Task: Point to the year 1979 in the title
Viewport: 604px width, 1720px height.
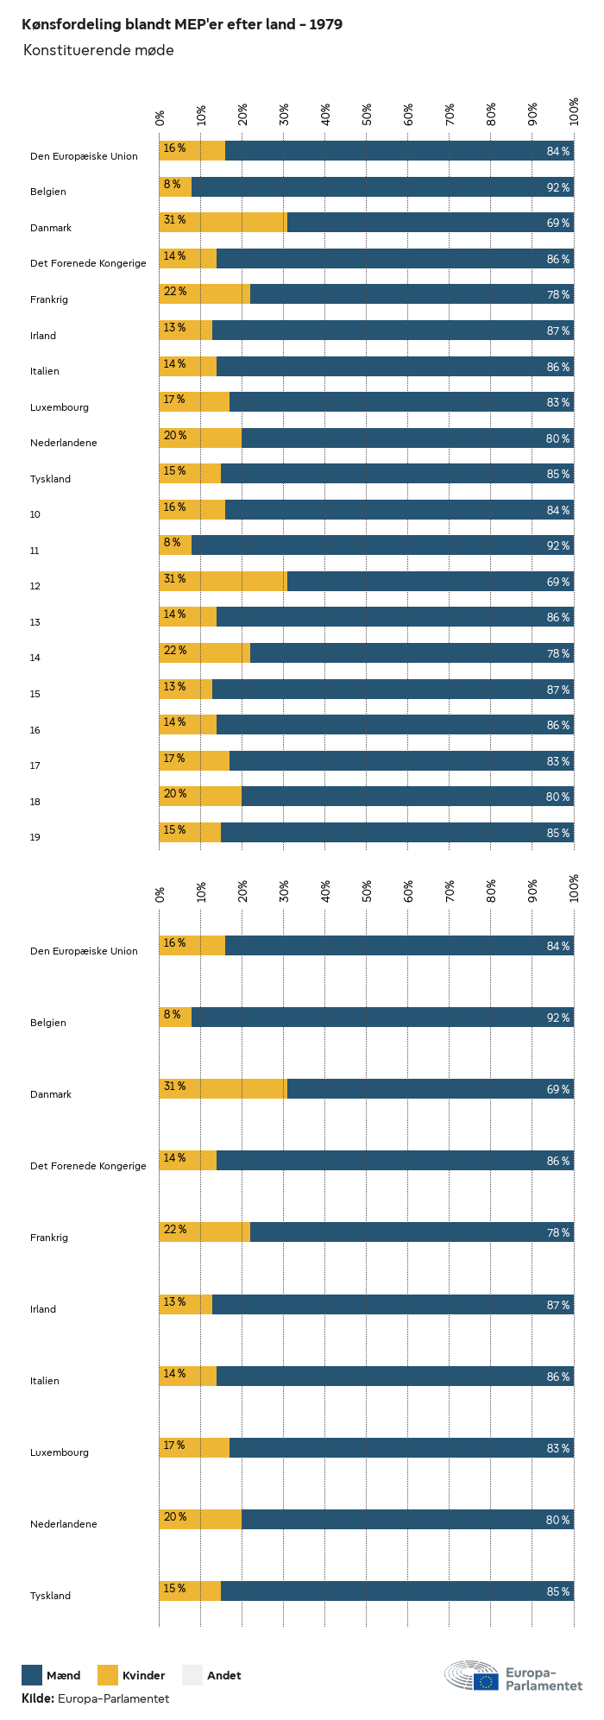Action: click(x=325, y=25)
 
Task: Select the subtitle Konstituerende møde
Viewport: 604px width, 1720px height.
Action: click(x=98, y=51)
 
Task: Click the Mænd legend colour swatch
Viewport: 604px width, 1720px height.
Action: click(x=32, y=1675)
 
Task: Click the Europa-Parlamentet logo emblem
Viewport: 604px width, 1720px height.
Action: click(x=472, y=1675)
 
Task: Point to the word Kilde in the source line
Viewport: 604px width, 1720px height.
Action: click(x=38, y=1698)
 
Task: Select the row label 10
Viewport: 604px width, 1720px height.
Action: click(x=35, y=515)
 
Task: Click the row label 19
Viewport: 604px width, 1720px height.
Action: click(x=35, y=837)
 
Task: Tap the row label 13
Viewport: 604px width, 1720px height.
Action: click(x=35, y=622)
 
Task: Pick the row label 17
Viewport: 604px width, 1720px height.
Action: click(x=35, y=765)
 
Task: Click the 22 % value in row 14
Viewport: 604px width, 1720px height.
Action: click(x=175, y=651)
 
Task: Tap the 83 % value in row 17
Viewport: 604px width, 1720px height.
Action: click(x=557, y=762)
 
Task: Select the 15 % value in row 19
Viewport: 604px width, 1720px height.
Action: click(x=175, y=830)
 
